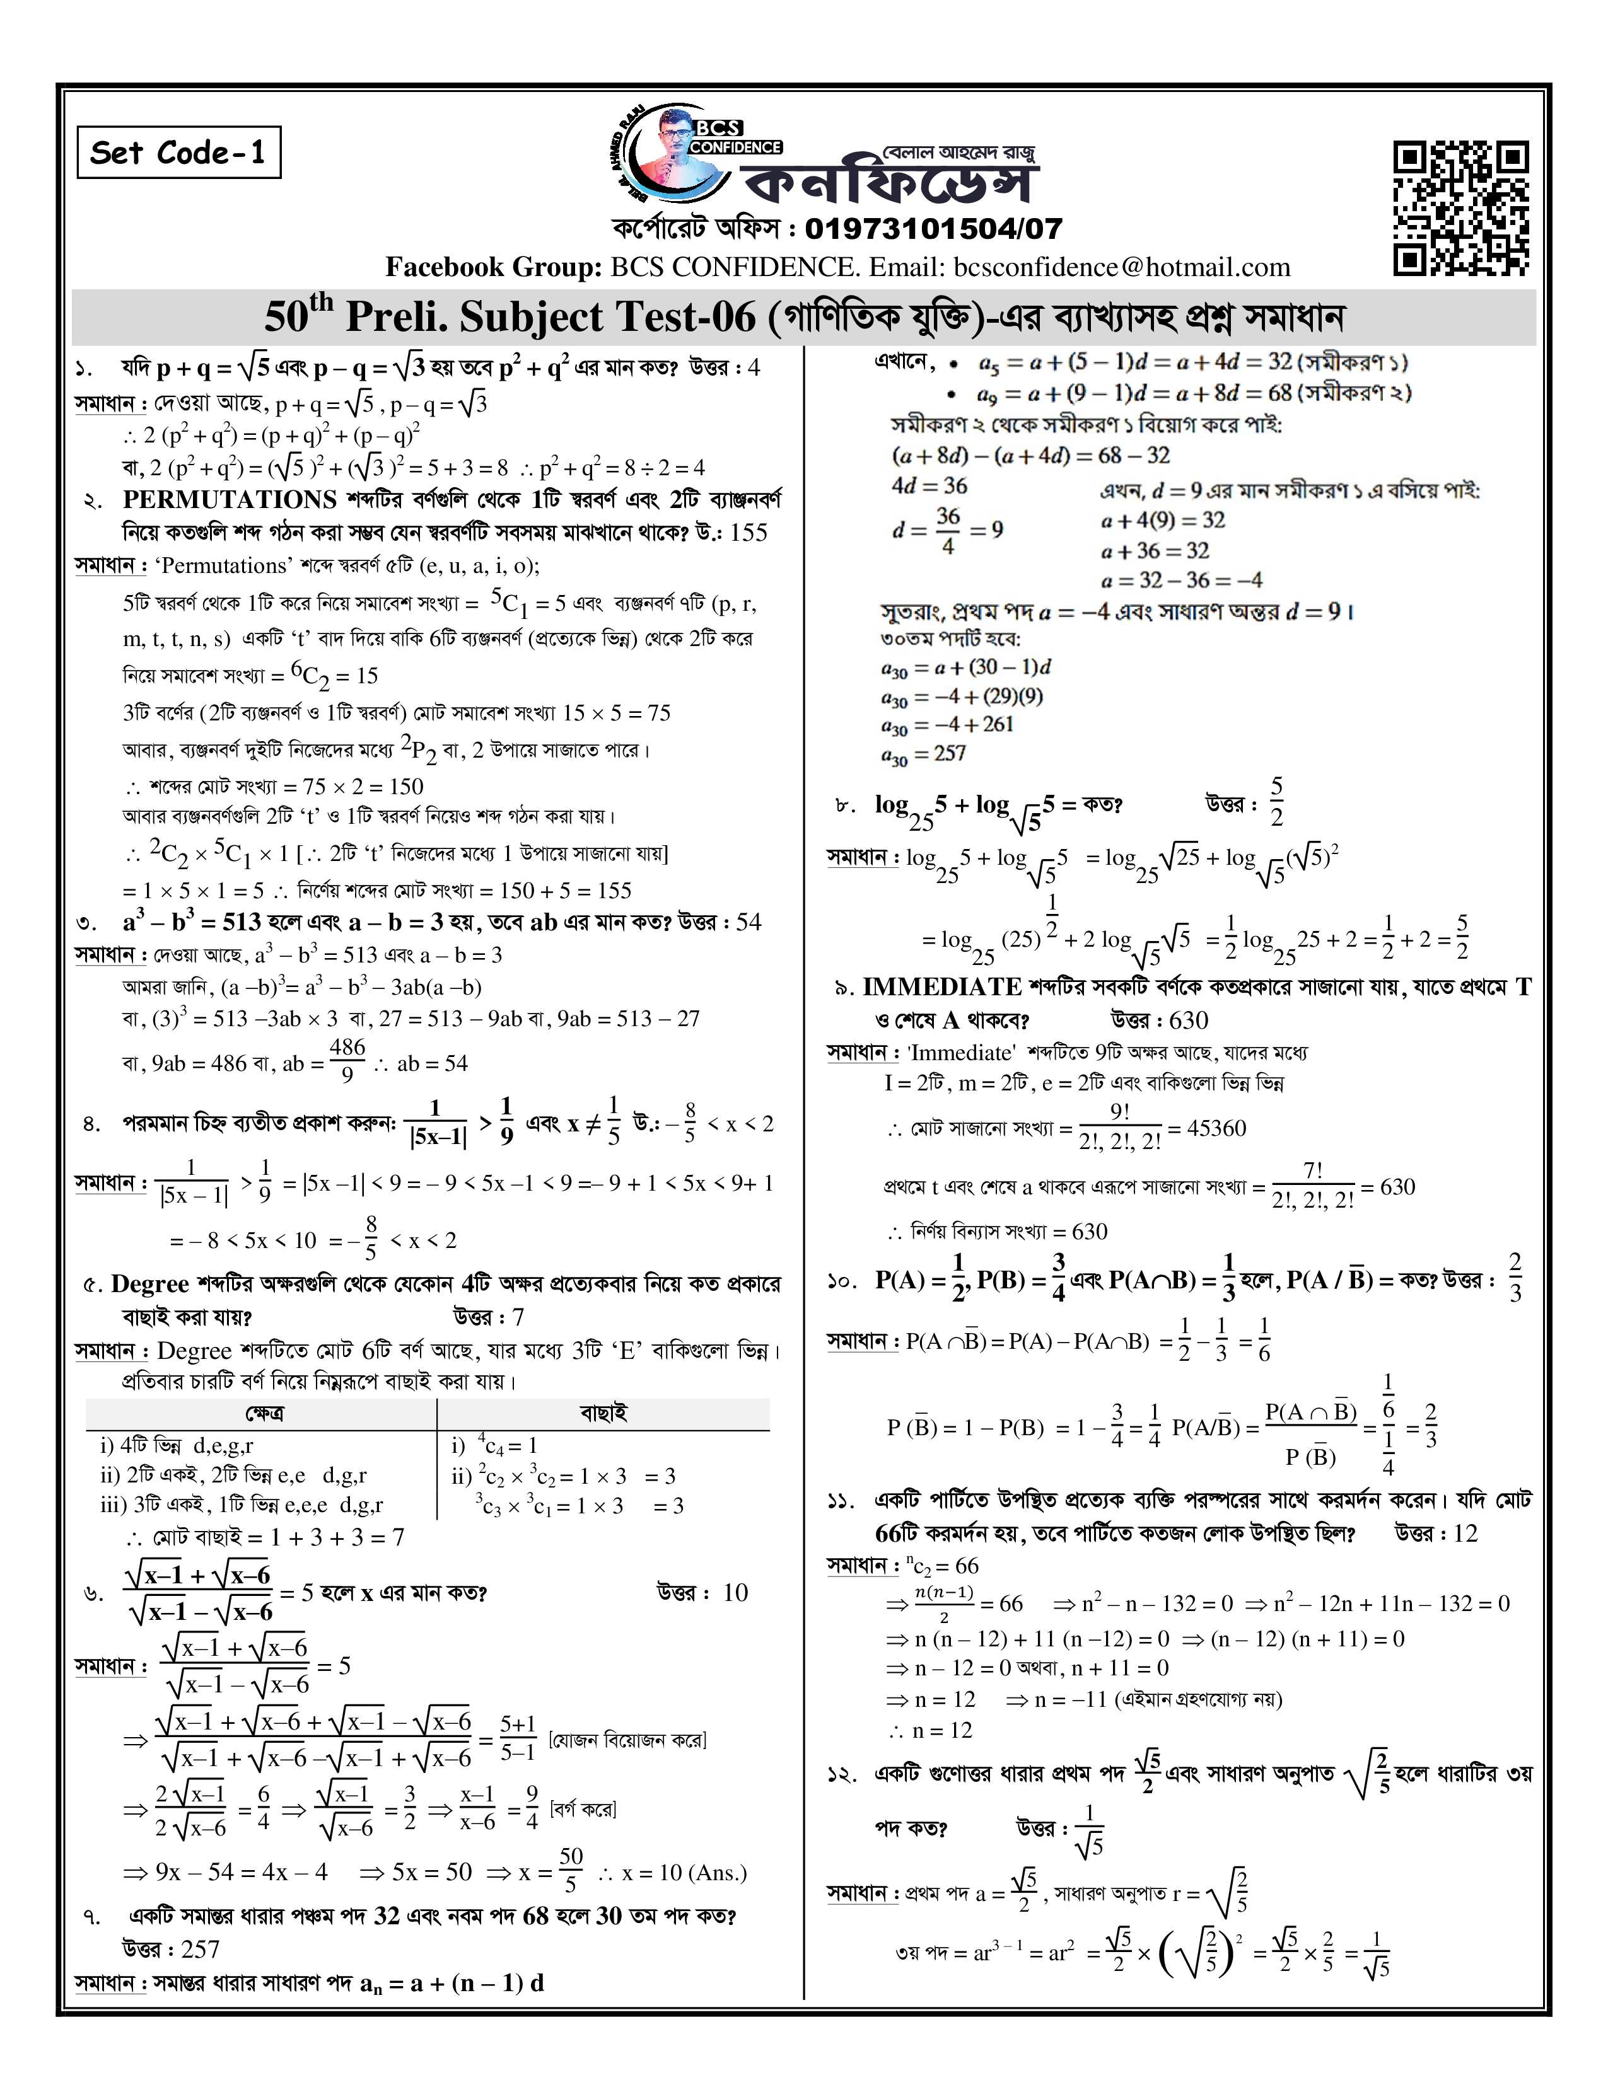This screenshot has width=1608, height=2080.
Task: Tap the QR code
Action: (1460, 207)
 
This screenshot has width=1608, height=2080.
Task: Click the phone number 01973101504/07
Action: (933, 229)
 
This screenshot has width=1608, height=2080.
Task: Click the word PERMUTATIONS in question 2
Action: (230, 500)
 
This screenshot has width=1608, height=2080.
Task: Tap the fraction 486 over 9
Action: (347, 1060)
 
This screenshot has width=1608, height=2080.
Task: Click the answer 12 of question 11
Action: (1464, 1534)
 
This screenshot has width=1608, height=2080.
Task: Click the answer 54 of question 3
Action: (749, 922)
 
